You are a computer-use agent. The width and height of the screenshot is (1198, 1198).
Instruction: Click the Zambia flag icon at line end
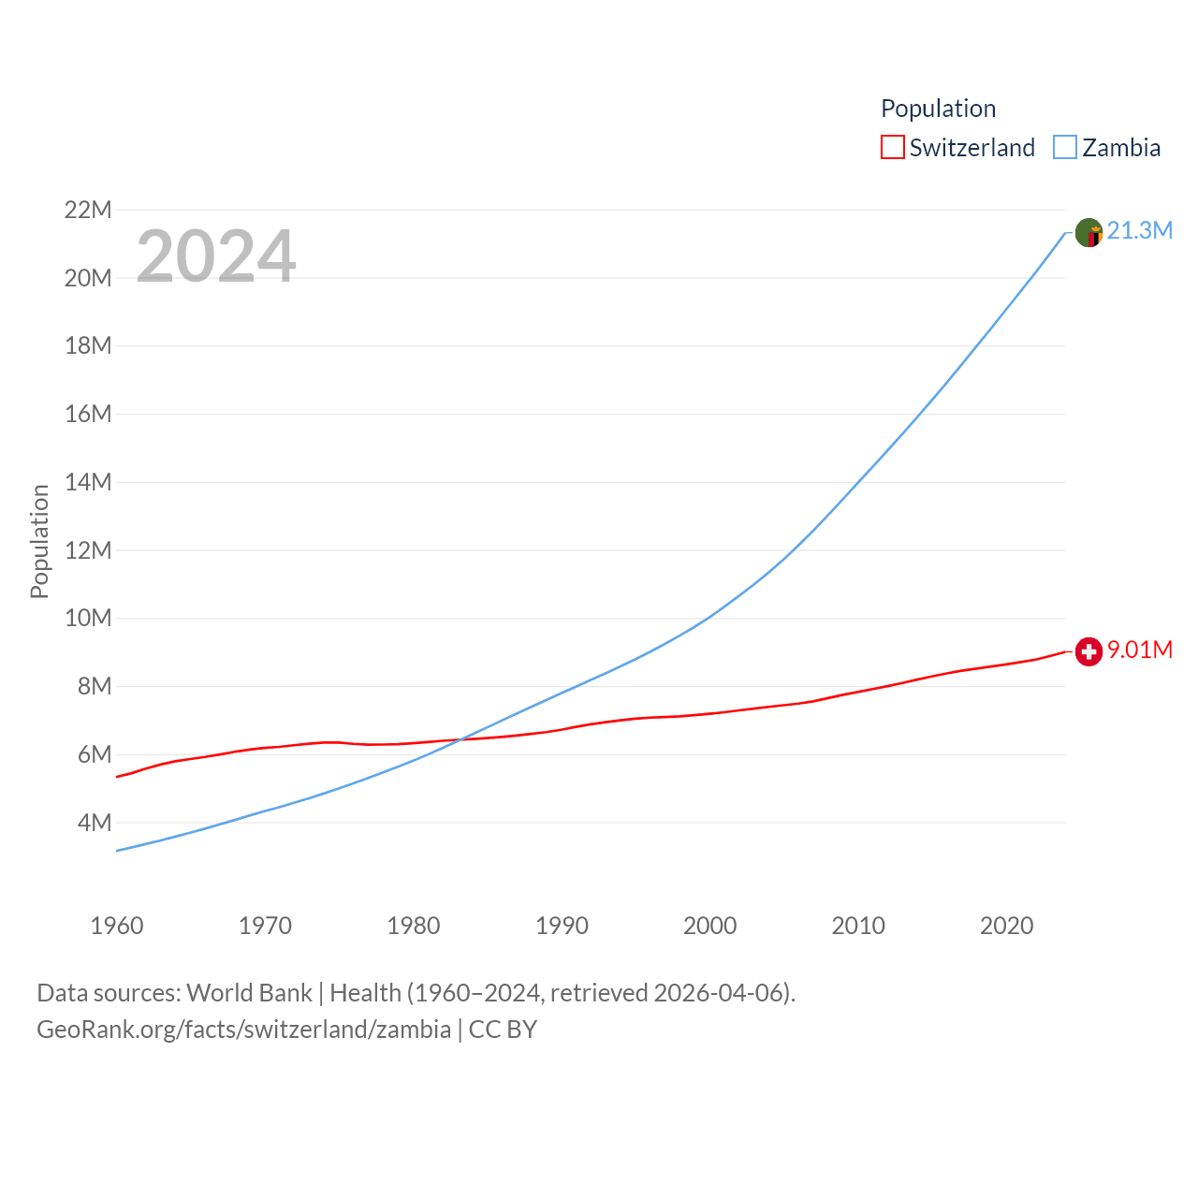point(1088,232)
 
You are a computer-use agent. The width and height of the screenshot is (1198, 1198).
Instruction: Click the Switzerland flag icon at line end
point(1088,651)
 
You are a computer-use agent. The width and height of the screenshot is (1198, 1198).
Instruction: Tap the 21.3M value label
point(1139,230)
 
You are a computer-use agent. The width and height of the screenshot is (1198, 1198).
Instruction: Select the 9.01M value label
point(1139,650)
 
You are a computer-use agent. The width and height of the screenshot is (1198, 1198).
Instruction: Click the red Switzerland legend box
point(893,147)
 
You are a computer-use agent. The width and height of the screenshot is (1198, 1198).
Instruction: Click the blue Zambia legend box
point(1065,147)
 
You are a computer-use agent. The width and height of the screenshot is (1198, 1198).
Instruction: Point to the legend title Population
point(938,109)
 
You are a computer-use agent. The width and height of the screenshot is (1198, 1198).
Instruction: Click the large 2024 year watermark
point(216,256)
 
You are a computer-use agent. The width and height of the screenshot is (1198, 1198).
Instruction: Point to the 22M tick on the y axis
point(88,210)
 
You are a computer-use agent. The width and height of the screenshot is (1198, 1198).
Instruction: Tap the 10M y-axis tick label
point(88,618)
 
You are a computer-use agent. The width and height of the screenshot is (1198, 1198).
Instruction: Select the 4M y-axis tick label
point(95,823)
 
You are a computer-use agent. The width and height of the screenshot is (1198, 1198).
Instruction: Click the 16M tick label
point(88,414)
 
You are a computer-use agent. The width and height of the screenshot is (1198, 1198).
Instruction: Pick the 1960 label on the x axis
point(117,926)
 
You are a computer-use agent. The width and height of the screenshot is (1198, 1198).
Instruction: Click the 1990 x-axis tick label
point(562,926)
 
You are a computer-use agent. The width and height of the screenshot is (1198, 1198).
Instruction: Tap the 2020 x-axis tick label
point(1006,926)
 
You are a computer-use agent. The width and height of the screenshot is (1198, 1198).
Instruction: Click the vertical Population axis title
point(39,541)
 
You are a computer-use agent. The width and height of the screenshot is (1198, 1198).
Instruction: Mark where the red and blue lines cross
point(459,740)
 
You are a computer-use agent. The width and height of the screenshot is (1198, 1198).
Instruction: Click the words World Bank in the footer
point(249,992)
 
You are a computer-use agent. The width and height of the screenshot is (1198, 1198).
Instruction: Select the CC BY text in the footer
point(503,1030)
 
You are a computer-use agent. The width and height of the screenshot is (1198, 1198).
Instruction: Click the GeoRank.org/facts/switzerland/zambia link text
point(243,1030)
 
